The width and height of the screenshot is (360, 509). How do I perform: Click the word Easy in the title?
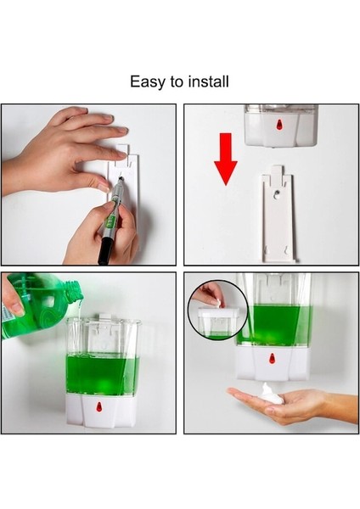click(146, 82)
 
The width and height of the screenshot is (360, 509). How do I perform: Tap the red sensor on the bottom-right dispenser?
click(272, 359)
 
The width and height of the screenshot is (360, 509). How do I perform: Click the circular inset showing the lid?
click(217, 310)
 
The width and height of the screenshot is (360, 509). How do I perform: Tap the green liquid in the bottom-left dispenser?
click(101, 373)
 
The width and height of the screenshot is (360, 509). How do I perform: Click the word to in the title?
click(175, 82)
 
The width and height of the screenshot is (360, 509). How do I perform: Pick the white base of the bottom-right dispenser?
click(272, 363)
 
